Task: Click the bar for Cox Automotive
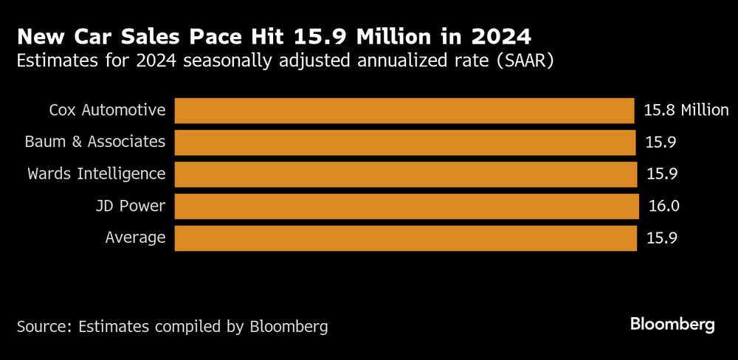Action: coord(404,111)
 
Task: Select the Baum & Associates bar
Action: coord(404,142)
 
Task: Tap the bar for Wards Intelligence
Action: coord(405,174)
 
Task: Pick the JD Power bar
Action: coord(406,206)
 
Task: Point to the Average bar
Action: coord(405,238)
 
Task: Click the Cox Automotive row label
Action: coord(107,111)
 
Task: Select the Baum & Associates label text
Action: coord(95,142)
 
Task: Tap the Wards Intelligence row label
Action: coord(97,174)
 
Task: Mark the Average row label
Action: coord(135,238)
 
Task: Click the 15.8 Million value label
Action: coord(686,111)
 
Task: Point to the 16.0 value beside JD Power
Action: coord(662,206)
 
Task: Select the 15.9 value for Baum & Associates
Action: coord(662,142)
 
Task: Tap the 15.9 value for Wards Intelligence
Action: coord(662,174)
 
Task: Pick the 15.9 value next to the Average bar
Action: coord(662,238)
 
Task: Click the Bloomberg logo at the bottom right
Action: coord(672,325)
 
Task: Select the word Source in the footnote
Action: coord(42,326)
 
